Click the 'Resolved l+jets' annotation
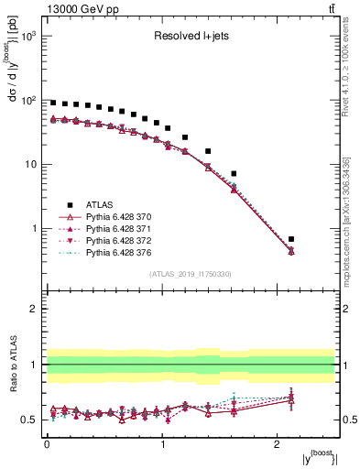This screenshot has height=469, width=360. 190,37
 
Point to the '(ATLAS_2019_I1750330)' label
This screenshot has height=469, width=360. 191,274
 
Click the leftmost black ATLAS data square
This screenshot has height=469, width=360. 53,103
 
